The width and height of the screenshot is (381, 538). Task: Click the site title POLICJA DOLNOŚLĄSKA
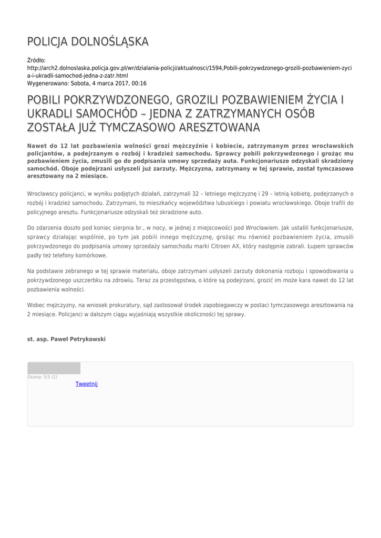(x=88, y=42)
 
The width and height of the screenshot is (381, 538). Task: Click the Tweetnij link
(x=87, y=384)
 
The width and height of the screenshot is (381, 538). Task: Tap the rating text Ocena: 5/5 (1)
(x=43, y=377)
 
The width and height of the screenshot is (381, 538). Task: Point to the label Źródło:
(x=36, y=61)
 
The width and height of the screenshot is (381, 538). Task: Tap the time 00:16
(x=140, y=83)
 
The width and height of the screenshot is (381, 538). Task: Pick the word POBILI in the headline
(x=48, y=100)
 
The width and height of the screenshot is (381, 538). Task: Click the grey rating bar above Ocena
(x=54, y=368)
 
